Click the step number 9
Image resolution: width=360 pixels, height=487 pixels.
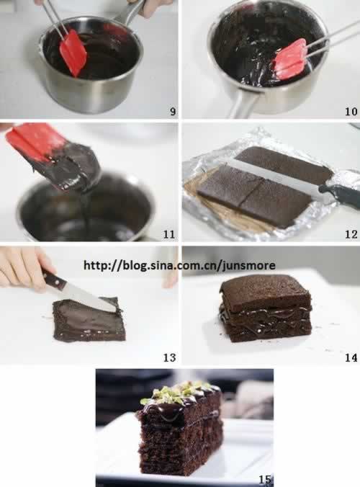pyautogui.click(x=173, y=111)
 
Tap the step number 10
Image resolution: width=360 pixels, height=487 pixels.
pyautogui.click(x=351, y=111)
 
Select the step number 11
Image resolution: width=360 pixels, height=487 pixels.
pyautogui.click(x=169, y=234)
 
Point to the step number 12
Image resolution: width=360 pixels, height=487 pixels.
pyautogui.click(x=351, y=234)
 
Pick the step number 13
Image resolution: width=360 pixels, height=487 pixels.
pyautogui.click(x=169, y=357)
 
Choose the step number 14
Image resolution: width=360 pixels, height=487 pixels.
pyautogui.click(x=351, y=357)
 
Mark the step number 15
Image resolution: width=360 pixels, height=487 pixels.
pyautogui.click(x=265, y=480)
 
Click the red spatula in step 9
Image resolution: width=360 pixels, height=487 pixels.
pyautogui.click(x=73, y=53)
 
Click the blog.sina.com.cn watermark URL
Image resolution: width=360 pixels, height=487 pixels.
pyautogui.click(x=179, y=265)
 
